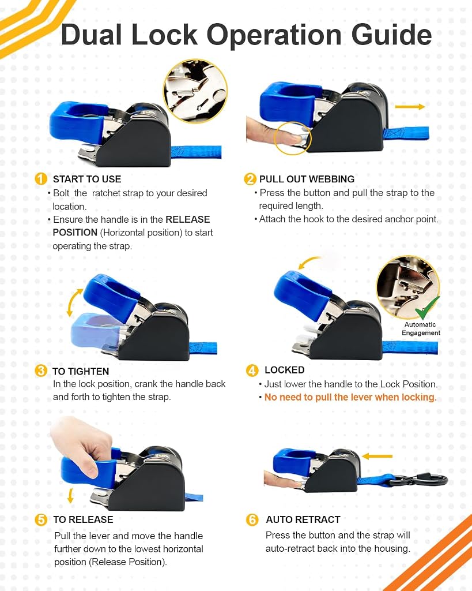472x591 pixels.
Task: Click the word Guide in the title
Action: (x=391, y=35)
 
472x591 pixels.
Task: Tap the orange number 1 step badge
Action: (x=41, y=179)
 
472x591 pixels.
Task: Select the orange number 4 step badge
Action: (x=252, y=371)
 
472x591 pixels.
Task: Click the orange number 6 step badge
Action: (x=252, y=520)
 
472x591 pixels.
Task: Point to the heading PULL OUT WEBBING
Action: (x=307, y=179)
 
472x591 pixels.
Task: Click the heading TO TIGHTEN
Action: (x=81, y=371)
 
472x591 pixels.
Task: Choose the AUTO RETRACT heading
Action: (x=303, y=519)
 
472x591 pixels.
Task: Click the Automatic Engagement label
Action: (x=421, y=328)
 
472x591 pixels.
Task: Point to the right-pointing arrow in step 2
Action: (x=410, y=107)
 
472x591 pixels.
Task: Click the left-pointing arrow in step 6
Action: (x=377, y=457)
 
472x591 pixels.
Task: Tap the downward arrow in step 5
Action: (x=70, y=496)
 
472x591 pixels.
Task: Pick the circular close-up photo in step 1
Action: (x=195, y=91)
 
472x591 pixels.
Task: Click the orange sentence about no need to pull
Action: (x=350, y=397)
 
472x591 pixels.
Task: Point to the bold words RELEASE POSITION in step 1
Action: (x=131, y=226)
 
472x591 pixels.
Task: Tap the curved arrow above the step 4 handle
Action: (x=308, y=262)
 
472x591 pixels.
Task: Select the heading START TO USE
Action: (x=87, y=179)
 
